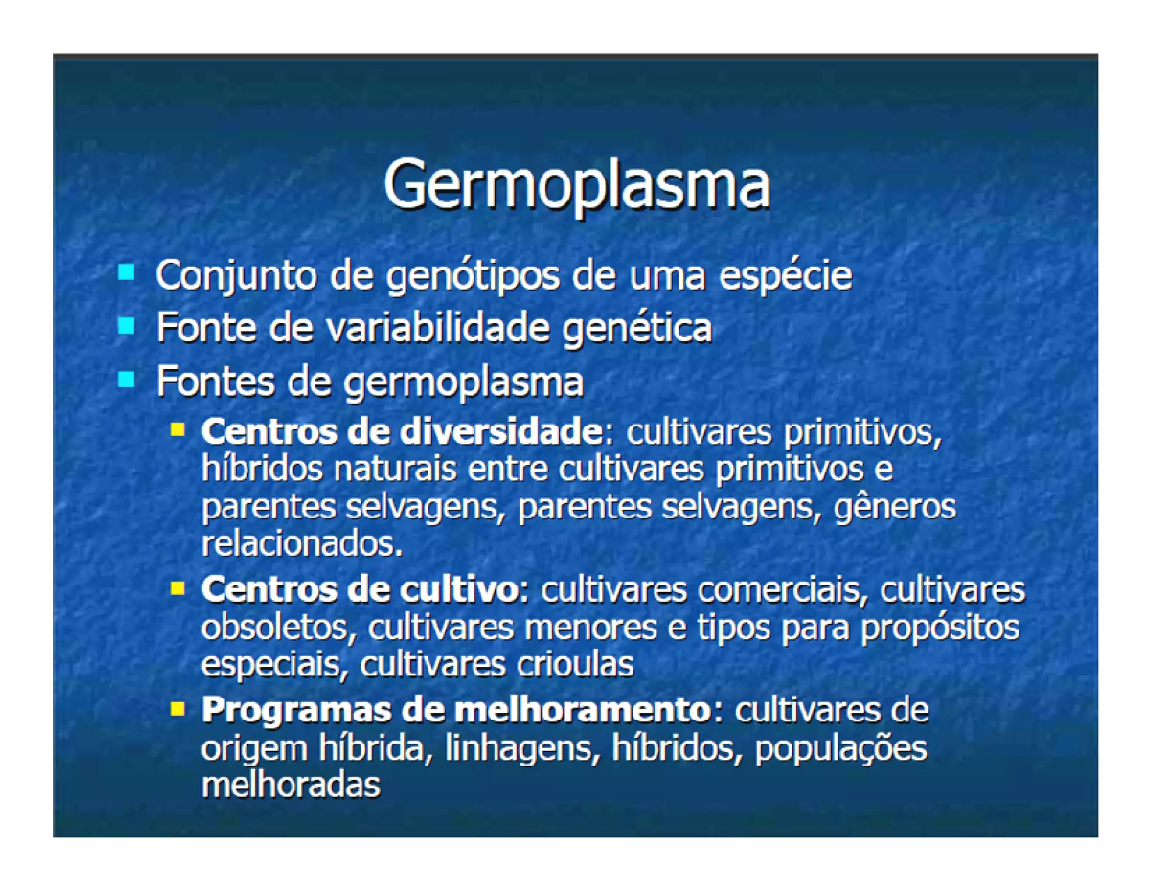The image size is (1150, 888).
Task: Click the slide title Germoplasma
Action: click(576, 184)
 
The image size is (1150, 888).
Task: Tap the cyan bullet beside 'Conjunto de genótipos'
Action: click(126, 272)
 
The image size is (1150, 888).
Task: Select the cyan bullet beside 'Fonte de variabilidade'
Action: click(126, 326)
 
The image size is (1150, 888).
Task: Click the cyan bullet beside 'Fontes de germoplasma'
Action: click(126, 379)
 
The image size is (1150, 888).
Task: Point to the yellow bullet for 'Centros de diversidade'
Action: click(177, 431)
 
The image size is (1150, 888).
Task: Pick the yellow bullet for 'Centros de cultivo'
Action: click(177, 588)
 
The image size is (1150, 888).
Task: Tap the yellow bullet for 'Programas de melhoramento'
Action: click(177, 709)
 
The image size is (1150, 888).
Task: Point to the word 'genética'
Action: click(637, 329)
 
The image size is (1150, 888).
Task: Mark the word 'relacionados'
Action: click(302, 544)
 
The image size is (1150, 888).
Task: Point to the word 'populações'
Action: click(841, 749)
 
